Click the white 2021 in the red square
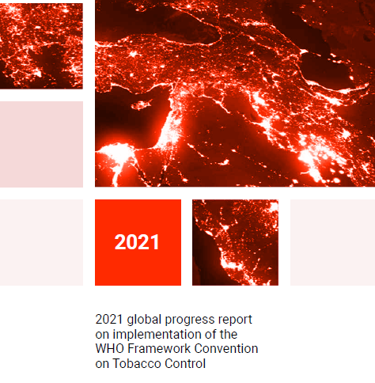137,242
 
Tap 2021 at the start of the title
109,320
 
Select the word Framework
159,348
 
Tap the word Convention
226,348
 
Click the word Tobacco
137,363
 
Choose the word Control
185,363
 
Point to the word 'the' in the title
229,335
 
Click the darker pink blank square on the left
41,144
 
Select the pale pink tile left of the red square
41,242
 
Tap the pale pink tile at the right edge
332,242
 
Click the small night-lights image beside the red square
235,242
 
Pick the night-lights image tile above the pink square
41,46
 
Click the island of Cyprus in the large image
141,104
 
